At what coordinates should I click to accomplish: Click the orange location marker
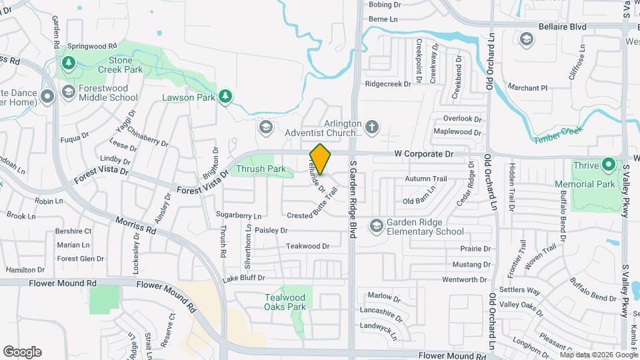click(321, 159)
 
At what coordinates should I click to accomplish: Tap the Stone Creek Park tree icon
click(67, 63)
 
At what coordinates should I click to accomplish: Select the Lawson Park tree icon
click(226, 97)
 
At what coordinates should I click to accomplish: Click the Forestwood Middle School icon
click(67, 91)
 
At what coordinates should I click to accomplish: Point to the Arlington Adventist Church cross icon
click(372, 126)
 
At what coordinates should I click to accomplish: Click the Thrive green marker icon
click(608, 164)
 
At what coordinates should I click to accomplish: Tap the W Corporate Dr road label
click(423, 154)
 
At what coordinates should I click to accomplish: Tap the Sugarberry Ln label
click(239, 215)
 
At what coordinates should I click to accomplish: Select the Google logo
click(22, 351)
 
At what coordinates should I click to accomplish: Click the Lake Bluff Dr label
click(243, 278)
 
